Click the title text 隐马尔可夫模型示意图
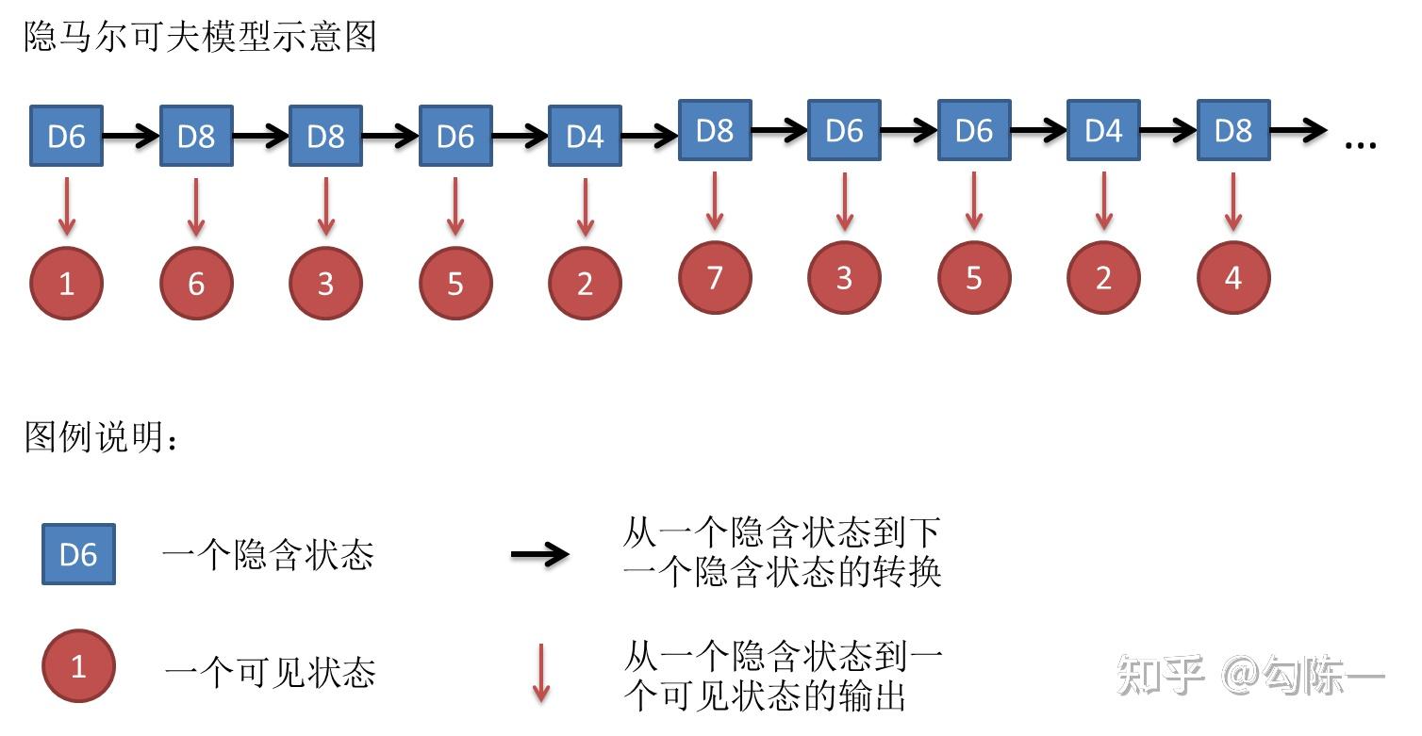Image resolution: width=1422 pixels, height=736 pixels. coord(200,37)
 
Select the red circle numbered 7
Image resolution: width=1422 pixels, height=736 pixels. coord(715,277)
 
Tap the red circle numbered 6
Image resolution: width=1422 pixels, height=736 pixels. coord(196,283)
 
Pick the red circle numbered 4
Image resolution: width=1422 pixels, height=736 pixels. coord(1233,277)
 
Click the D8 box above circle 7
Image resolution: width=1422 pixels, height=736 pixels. coord(715,130)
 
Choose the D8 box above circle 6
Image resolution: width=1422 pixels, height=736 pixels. coord(196,136)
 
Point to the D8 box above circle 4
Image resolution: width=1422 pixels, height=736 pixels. coord(1233,130)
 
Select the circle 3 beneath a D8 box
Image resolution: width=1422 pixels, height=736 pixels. coord(325,283)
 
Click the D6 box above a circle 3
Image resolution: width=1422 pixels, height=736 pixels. coord(844,130)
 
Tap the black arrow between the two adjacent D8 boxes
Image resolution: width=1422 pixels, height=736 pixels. coord(260,137)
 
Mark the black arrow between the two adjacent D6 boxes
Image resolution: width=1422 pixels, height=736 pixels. coord(909,131)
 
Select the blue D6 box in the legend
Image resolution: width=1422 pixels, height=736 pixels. coord(78,554)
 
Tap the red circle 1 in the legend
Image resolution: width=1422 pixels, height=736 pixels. coord(78,667)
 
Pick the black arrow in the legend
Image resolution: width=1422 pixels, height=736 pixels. coord(539,554)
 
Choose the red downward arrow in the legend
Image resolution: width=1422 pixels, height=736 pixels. coord(540,673)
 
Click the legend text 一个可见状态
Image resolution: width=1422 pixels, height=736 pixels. coord(270,672)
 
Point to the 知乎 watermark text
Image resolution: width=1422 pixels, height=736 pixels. coord(1161,675)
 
